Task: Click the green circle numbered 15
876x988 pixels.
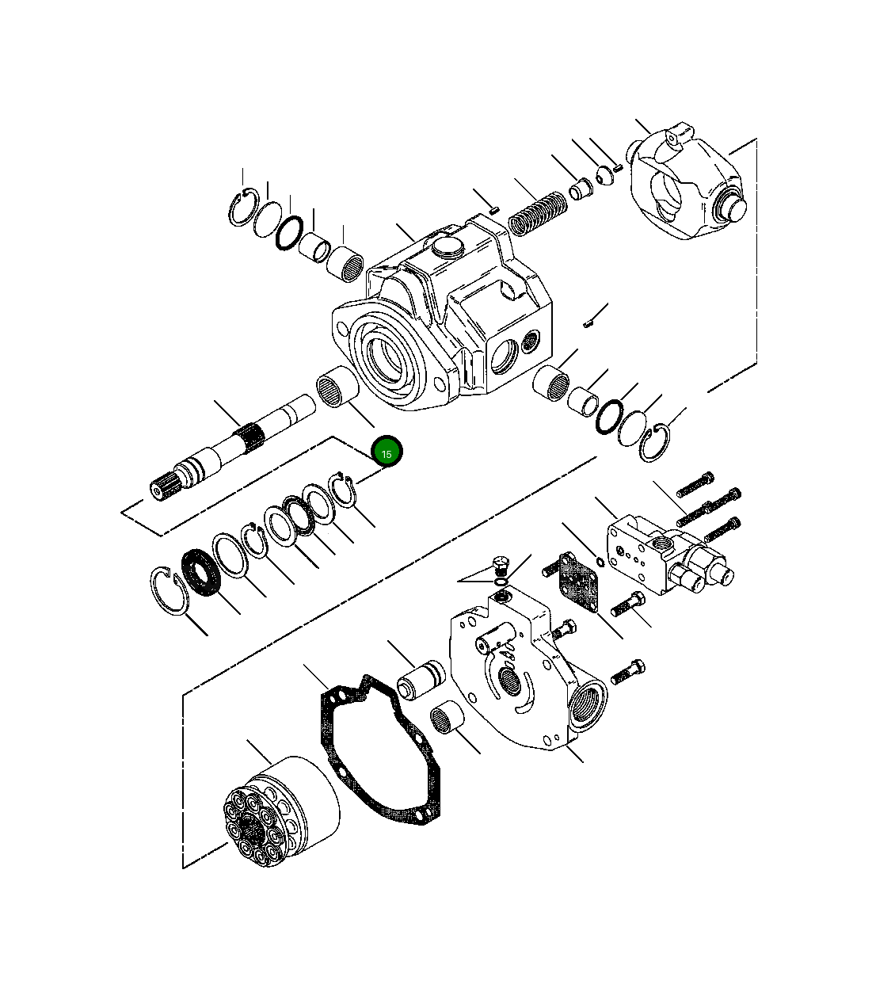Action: (387, 453)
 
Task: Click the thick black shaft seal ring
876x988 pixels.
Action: (201, 573)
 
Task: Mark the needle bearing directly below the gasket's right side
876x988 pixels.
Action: (448, 722)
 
